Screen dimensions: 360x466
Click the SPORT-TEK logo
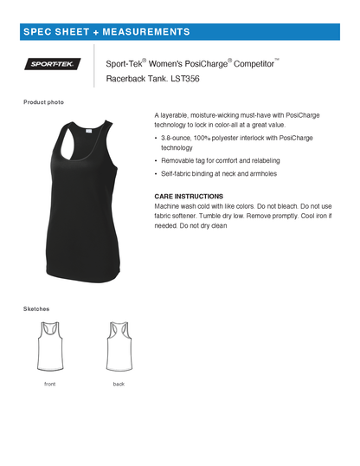(x=55, y=63)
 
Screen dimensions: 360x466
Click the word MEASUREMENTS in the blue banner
(x=147, y=32)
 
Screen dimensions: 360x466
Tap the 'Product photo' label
(x=43, y=102)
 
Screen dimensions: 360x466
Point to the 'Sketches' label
(x=36, y=308)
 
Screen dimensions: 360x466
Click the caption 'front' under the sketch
(x=49, y=383)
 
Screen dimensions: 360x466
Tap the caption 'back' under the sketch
(x=119, y=383)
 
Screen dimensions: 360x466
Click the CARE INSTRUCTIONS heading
(x=189, y=197)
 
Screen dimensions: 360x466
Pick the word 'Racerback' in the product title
(x=125, y=80)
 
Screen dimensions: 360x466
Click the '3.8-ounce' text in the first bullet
(x=177, y=139)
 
